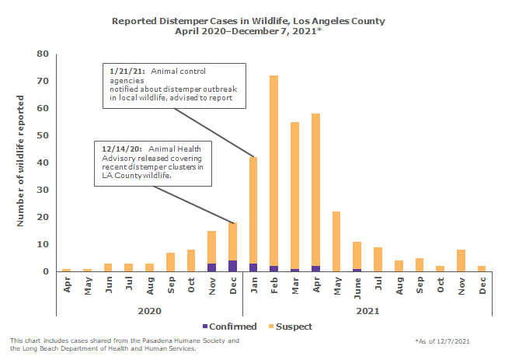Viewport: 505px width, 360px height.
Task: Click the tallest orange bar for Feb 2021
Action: [273, 171]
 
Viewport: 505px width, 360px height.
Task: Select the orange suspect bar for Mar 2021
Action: [294, 194]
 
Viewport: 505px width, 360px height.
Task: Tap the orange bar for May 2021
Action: [336, 241]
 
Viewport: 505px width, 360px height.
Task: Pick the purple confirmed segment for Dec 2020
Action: [232, 266]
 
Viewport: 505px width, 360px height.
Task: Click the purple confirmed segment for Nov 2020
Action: [211, 267]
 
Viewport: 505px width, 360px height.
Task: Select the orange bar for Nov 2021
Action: [461, 260]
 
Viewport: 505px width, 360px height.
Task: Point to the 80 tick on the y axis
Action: [43, 54]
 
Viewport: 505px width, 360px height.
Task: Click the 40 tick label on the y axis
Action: [43, 163]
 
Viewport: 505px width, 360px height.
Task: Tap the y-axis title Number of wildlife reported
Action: [21, 161]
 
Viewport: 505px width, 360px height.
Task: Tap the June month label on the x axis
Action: [357, 284]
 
